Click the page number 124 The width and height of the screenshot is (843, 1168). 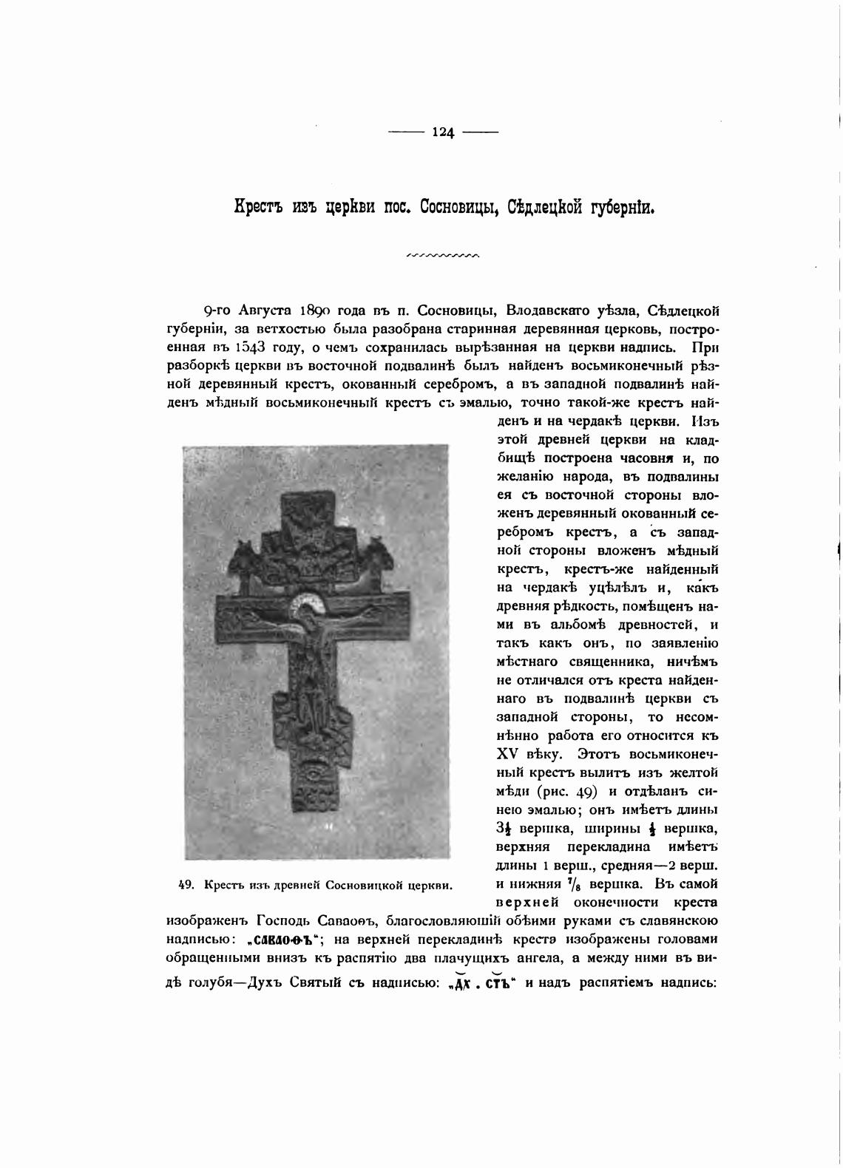tap(443, 133)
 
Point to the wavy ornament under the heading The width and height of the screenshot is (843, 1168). tap(443, 257)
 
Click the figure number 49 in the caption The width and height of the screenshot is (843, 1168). tap(186, 885)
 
